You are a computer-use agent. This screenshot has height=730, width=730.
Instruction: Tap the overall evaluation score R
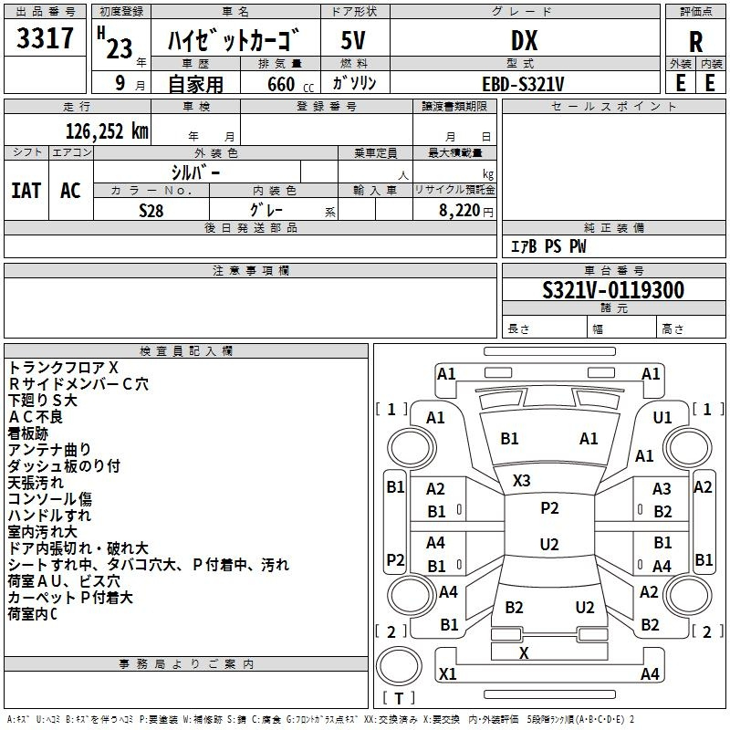pyautogui.click(x=695, y=42)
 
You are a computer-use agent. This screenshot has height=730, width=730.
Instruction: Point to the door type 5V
pyautogui.click(x=354, y=40)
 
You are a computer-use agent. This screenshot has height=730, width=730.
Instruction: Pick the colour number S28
pyautogui.click(x=151, y=209)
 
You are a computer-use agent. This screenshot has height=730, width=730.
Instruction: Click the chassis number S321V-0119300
pyautogui.click(x=612, y=290)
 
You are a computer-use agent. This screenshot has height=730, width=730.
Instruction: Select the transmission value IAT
pyautogui.click(x=26, y=190)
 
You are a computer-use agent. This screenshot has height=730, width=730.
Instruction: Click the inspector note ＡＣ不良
pyautogui.click(x=36, y=416)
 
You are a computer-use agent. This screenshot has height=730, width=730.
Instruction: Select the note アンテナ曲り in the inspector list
pyautogui.click(x=50, y=449)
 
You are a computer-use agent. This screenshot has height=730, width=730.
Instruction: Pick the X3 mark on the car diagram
pyautogui.click(x=522, y=480)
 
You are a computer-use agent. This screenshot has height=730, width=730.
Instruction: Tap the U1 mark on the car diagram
pyautogui.click(x=662, y=417)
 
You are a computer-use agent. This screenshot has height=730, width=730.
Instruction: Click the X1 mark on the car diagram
pyautogui.click(x=448, y=673)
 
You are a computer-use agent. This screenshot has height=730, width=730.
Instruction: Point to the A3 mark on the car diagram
pyautogui.click(x=662, y=489)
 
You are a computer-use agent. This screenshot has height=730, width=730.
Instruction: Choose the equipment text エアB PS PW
pyautogui.click(x=547, y=246)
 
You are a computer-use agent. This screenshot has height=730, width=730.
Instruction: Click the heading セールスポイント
pyautogui.click(x=614, y=107)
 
